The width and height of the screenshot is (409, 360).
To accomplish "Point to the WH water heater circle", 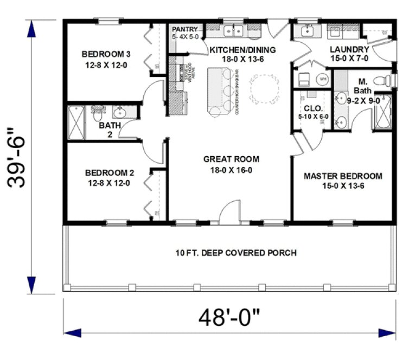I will click(323, 79).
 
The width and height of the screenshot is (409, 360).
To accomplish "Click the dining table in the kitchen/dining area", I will click(266, 87).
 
